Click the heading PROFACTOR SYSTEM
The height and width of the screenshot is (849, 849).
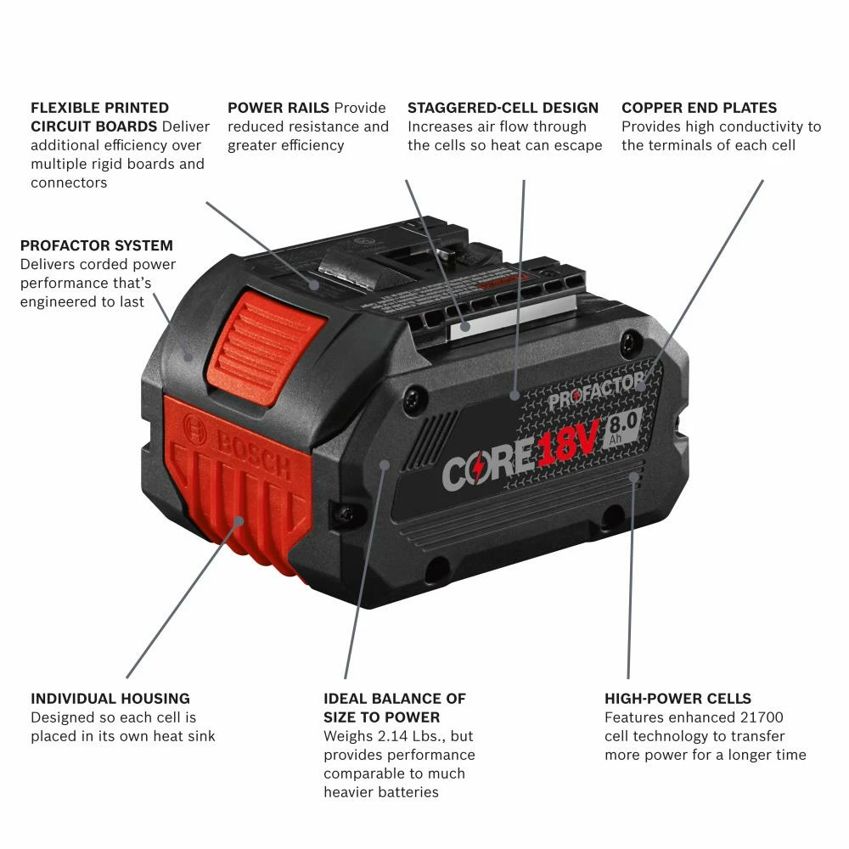[x=96, y=245]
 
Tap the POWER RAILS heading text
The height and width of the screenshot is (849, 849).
[x=278, y=108]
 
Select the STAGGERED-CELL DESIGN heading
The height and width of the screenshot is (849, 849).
[x=503, y=108]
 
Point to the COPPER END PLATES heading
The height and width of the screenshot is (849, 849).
[x=699, y=108]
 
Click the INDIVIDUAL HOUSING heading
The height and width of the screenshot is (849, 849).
[x=110, y=699]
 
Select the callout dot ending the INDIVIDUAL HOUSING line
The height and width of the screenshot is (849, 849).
[x=239, y=520]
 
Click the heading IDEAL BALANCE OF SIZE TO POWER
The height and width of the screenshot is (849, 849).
[x=394, y=708]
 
